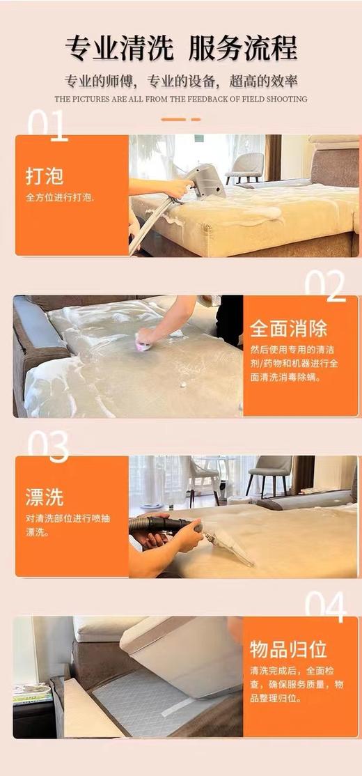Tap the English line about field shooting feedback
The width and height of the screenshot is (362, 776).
(x=181, y=99)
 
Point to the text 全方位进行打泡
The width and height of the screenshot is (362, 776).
(x=60, y=197)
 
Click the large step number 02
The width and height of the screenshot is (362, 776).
(x=324, y=286)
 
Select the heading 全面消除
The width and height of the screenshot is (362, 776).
(x=288, y=328)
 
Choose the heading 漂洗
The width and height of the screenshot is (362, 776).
(x=45, y=497)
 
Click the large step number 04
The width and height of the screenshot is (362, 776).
(x=324, y=607)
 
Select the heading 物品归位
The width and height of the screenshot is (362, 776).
(x=288, y=649)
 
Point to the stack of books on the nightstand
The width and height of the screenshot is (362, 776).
(x=32, y=694)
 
